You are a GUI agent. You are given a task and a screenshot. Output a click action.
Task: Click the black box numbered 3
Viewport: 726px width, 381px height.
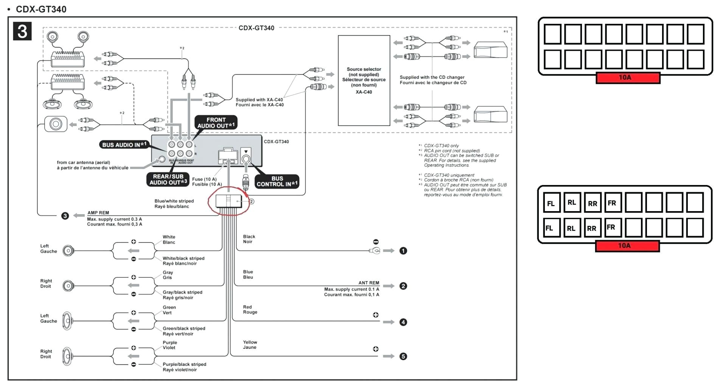coord(22,31)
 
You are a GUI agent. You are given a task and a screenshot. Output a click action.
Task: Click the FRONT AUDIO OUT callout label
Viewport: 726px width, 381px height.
coord(216,123)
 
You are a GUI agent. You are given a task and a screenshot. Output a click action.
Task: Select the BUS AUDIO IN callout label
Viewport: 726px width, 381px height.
coord(124,145)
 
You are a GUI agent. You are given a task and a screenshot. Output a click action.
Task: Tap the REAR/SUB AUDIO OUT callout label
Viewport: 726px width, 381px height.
coord(168,179)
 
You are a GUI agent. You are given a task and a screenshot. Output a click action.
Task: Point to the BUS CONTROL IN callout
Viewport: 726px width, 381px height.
coord(277,181)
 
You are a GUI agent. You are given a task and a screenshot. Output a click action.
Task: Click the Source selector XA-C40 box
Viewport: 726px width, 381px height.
coord(364,80)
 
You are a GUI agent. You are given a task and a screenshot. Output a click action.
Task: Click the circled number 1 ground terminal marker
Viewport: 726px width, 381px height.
coord(403,251)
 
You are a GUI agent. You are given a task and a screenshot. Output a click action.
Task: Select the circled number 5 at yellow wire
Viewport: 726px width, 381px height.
coord(403,356)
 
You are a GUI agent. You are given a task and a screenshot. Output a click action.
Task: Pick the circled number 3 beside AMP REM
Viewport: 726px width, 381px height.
coord(65,216)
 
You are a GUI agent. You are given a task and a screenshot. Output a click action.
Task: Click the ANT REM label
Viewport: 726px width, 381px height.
coord(369,283)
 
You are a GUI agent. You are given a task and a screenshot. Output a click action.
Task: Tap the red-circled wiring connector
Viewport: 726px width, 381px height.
coord(229,201)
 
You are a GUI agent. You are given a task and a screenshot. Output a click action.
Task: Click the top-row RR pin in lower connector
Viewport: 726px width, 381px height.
coord(592,203)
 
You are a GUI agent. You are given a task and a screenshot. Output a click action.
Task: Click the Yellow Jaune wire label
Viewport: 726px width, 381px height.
coord(250,344)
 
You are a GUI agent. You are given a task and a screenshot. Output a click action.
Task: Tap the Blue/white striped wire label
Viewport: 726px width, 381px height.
coord(174,204)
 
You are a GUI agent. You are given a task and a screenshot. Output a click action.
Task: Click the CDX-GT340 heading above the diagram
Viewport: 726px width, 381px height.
coord(41,9)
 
